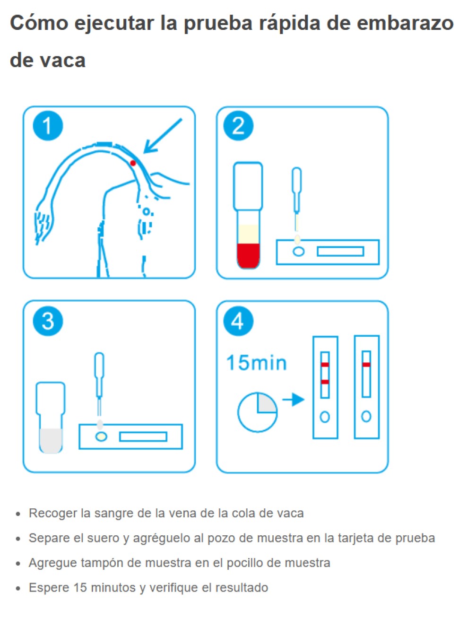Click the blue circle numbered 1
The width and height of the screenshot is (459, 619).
pyautogui.click(x=48, y=126)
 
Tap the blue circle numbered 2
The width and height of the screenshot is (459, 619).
pyautogui.click(x=238, y=126)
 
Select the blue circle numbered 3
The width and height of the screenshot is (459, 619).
pyautogui.click(x=48, y=321)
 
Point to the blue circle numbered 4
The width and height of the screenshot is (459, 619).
pyautogui.click(x=238, y=321)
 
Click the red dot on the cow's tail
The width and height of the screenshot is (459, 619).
pyautogui.click(x=133, y=163)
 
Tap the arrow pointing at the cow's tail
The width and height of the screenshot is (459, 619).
pyautogui.click(x=163, y=136)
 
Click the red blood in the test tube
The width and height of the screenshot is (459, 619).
pyautogui.click(x=248, y=255)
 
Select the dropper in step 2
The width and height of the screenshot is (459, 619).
pyautogui.click(x=296, y=200)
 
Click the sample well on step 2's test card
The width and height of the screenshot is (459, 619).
pyautogui.click(x=298, y=252)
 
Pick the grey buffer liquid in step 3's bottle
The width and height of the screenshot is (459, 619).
pyautogui.click(x=51, y=440)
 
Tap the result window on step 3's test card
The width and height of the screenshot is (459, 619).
pyautogui.click(x=143, y=437)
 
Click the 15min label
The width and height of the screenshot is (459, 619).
pyautogui.click(x=256, y=363)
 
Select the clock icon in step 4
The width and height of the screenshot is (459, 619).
pyautogui.click(x=257, y=412)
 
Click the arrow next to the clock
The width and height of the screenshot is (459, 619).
pyautogui.click(x=293, y=400)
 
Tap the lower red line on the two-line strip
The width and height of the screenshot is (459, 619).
pyautogui.click(x=324, y=382)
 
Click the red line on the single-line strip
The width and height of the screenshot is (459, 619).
pyautogui.click(x=366, y=365)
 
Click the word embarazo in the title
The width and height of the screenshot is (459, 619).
pyautogui.click(x=405, y=23)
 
